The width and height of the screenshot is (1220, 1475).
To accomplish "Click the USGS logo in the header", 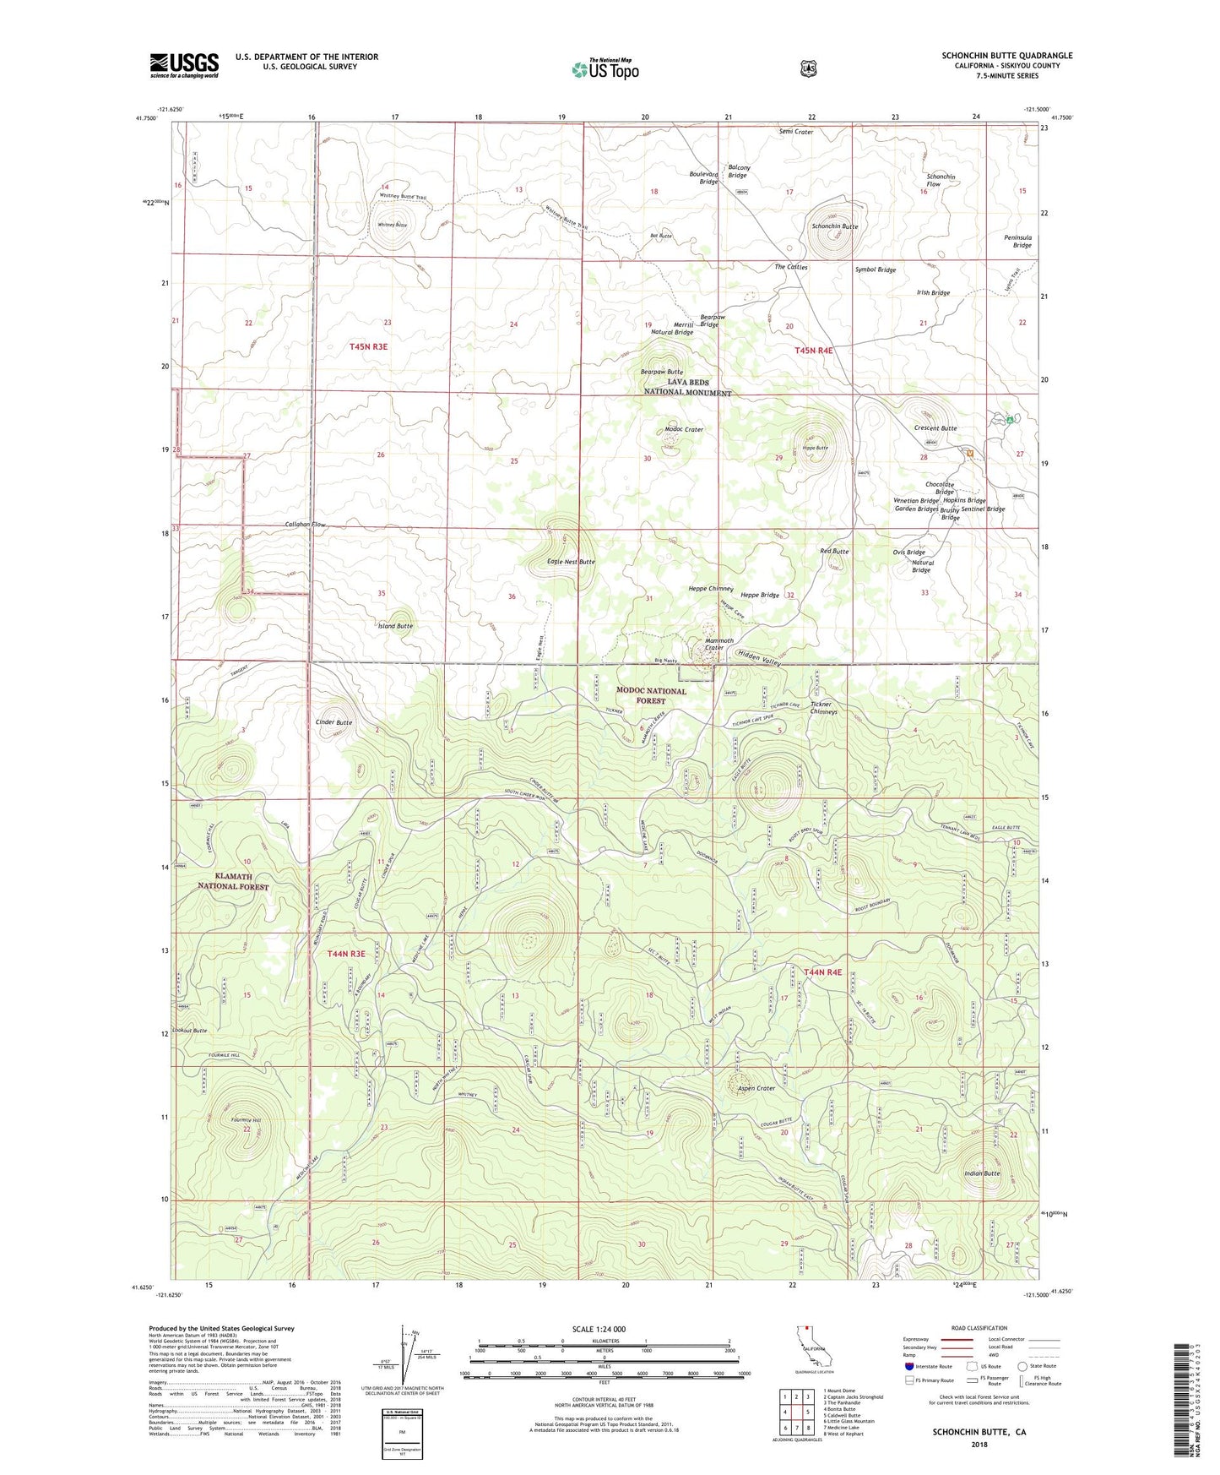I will pyautogui.click(x=184, y=65).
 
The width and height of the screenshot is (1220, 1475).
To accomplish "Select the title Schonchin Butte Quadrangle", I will pyautogui.click(x=1007, y=56).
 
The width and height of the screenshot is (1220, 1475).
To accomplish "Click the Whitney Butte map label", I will pyautogui.click(x=392, y=226).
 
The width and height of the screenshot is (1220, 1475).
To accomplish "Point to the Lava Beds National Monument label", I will pyautogui.click(x=687, y=388).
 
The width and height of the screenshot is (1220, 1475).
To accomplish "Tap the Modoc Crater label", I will pyautogui.click(x=684, y=429).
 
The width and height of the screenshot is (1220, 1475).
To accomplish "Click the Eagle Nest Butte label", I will pyautogui.click(x=571, y=562).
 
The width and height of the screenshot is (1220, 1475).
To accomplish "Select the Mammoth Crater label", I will pyautogui.click(x=719, y=645).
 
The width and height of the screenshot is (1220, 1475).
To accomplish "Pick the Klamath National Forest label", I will pyautogui.click(x=233, y=882).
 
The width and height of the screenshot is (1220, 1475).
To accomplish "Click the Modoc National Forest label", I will pyautogui.click(x=651, y=695).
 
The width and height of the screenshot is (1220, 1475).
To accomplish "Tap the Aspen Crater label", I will pyautogui.click(x=755, y=1088).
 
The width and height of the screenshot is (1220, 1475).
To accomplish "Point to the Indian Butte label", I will pyautogui.click(x=982, y=1173).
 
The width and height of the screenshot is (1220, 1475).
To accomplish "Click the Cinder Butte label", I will pyautogui.click(x=333, y=722).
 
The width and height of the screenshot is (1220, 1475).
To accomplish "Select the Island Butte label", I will pyautogui.click(x=395, y=626).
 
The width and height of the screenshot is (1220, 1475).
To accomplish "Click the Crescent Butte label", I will pyautogui.click(x=935, y=428).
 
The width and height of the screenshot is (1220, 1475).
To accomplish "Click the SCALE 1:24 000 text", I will pyautogui.click(x=599, y=1329).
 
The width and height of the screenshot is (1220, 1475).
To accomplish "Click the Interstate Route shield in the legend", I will pyautogui.click(x=908, y=1366).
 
